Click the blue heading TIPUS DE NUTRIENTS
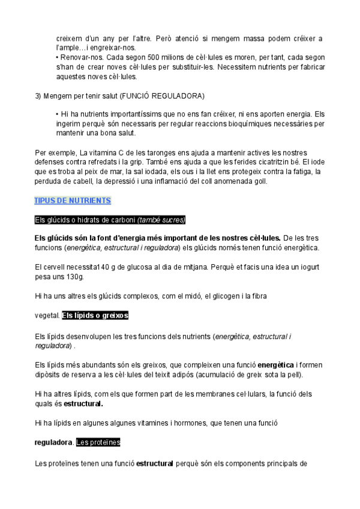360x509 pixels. [x=73, y=200]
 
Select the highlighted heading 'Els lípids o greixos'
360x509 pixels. [x=95, y=315]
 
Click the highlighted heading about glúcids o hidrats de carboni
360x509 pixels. [x=110, y=220]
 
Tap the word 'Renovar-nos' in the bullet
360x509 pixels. [x=76, y=58]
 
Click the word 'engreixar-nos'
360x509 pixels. [x=116, y=47]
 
